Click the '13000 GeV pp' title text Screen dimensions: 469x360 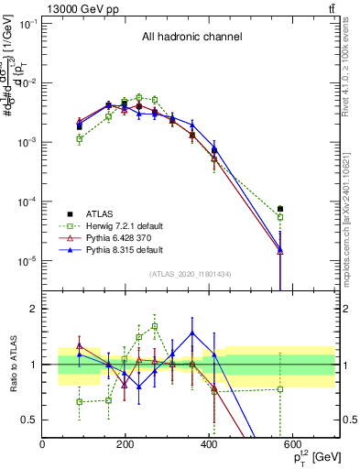tap(79, 8)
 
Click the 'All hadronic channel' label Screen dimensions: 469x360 tap(191, 38)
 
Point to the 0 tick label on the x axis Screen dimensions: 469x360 tap(43, 443)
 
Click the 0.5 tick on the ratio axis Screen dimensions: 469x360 tap(30, 420)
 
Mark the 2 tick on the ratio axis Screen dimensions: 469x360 tap(35, 309)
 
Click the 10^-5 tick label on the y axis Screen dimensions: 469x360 tap(27, 261)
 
